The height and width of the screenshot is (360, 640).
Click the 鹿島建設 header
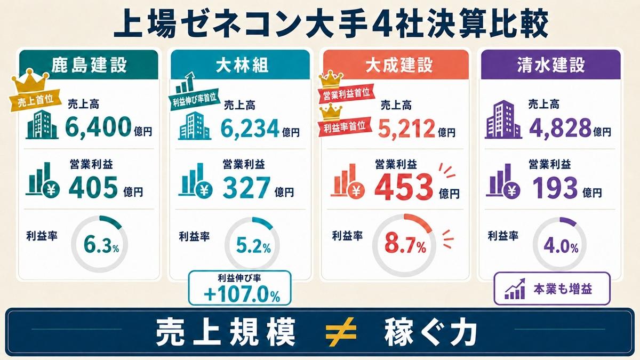89,65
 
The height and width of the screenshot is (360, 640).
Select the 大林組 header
242,66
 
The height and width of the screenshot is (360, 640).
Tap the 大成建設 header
399,65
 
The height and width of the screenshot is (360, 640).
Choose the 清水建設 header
551,65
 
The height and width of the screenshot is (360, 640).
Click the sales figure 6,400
98,127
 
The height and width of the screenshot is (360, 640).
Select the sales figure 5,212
406,129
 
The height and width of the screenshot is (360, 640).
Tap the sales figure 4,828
559,127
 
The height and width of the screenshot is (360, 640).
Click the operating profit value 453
404,187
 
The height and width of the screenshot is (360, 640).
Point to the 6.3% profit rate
101,245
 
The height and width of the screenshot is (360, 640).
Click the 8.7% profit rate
405,245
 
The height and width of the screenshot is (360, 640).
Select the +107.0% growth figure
242,294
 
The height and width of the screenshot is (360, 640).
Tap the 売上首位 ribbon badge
35,100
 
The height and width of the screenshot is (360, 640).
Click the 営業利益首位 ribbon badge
346,93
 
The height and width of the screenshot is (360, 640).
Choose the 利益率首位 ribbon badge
345,126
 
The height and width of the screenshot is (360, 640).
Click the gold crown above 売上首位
30,81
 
